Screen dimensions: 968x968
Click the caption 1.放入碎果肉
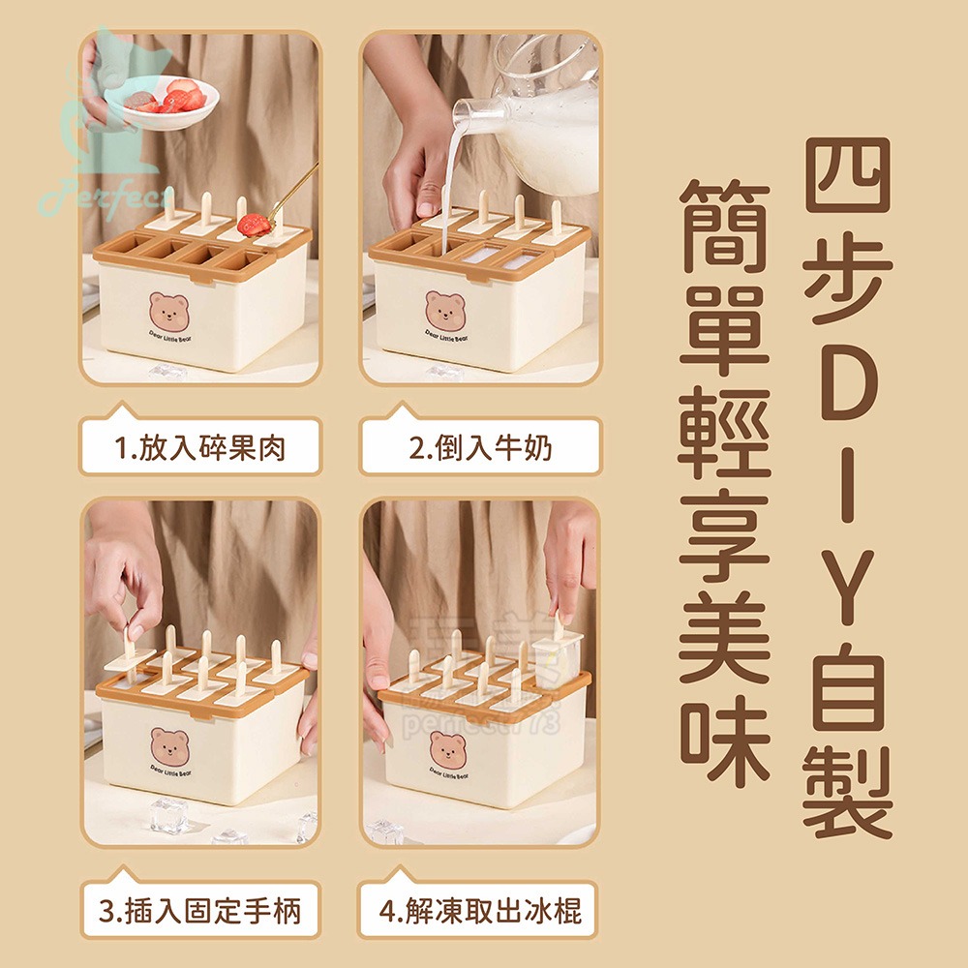click(200, 447)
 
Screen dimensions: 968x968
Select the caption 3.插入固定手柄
click(200, 910)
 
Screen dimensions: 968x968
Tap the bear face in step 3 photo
click(169, 745)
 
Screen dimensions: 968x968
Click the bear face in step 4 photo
click(447, 747)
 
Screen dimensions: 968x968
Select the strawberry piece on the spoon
click(254, 225)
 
